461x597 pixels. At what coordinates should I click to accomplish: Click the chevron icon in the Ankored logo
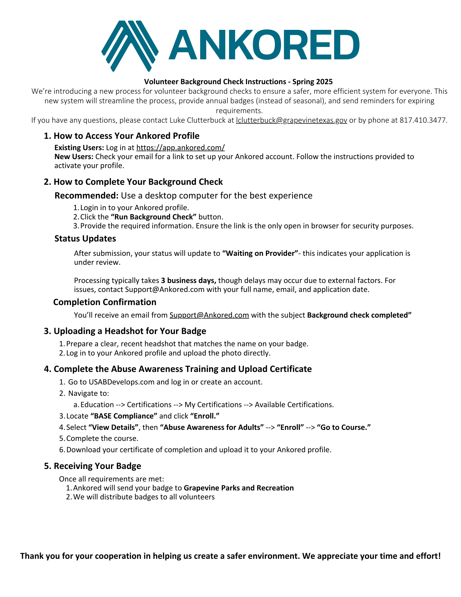pyautogui.click(x=130, y=45)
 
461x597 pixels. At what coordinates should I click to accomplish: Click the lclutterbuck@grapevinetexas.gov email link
pyautogui.click(x=291, y=120)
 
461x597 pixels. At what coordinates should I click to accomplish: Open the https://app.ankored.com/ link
pyautogui.click(x=180, y=148)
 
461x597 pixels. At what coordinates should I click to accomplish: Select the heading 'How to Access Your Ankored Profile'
pyautogui.click(x=126, y=136)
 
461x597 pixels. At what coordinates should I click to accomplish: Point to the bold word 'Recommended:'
pyautogui.click(x=87, y=196)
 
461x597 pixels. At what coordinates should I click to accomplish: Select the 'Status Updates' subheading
pyautogui.click(x=85, y=239)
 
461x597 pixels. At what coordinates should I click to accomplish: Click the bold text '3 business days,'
pyautogui.click(x=189, y=281)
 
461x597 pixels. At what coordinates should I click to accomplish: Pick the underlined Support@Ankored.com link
pyautogui.click(x=209, y=315)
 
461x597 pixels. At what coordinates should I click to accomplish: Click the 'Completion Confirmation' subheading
pyautogui.click(x=105, y=302)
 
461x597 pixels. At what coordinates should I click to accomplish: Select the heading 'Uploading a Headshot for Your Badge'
pyautogui.click(x=130, y=331)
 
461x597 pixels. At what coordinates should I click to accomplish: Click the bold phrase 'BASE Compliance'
pyautogui.click(x=124, y=416)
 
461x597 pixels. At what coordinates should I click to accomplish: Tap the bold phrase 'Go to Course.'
pyautogui.click(x=343, y=427)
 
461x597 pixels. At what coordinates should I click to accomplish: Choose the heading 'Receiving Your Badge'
pyautogui.click(x=97, y=466)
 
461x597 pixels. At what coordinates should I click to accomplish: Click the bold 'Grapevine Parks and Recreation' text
pyautogui.click(x=239, y=488)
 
